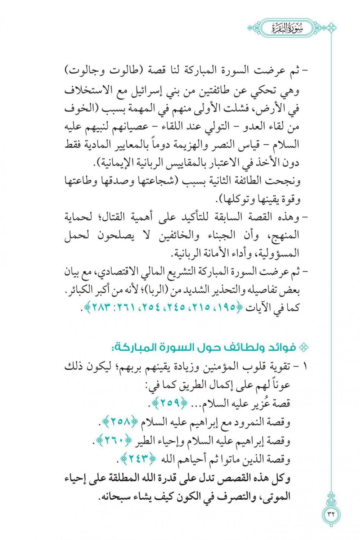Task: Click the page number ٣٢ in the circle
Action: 331,513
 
